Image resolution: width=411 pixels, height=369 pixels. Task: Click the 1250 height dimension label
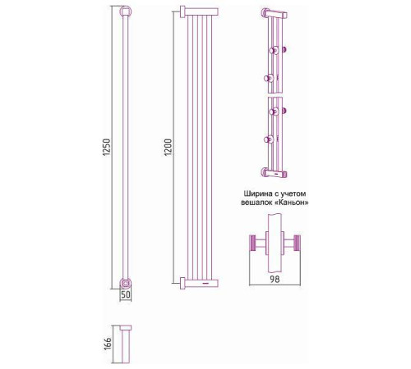pos(107,148)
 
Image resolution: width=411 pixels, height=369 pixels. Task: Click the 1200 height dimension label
pos(169,148)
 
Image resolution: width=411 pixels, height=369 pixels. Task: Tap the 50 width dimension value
pos(126,294)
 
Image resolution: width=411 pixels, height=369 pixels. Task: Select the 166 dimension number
pos(108,344)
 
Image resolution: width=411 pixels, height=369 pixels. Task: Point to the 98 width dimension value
pos(275,280)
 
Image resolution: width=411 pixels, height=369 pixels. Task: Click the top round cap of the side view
pos(126,11)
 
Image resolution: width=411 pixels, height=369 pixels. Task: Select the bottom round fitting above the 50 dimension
pos(126,284)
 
